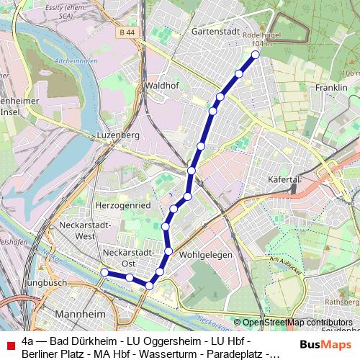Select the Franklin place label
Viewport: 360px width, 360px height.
point(331,87)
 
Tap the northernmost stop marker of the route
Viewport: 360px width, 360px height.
point(255,54)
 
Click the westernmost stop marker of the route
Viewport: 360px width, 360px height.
point(104,272)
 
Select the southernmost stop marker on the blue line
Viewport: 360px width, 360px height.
point(149,286)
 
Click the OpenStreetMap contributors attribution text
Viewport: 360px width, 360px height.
point(297,323)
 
